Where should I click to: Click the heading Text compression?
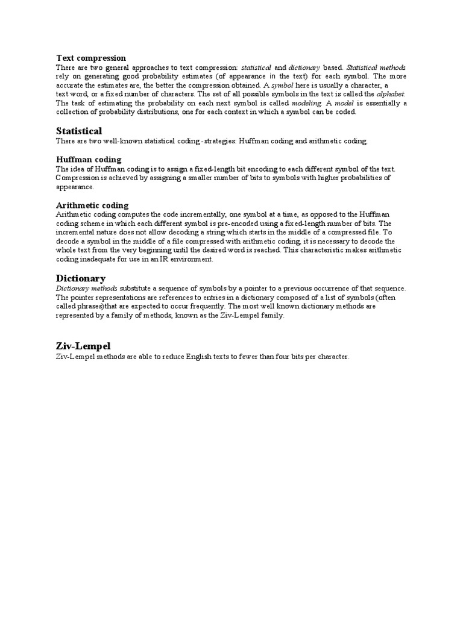[x=91, y=58]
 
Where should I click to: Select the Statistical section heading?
[x=79, y=131]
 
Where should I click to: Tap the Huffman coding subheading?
[x=89, y=160]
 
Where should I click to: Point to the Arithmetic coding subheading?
[x=92, y=205]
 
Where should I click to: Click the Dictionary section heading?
[x=81, y=278]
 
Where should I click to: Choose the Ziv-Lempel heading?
[x=83, y=346]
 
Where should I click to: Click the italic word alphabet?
[x=391, y=95]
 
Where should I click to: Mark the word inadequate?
[x=102, y=259]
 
